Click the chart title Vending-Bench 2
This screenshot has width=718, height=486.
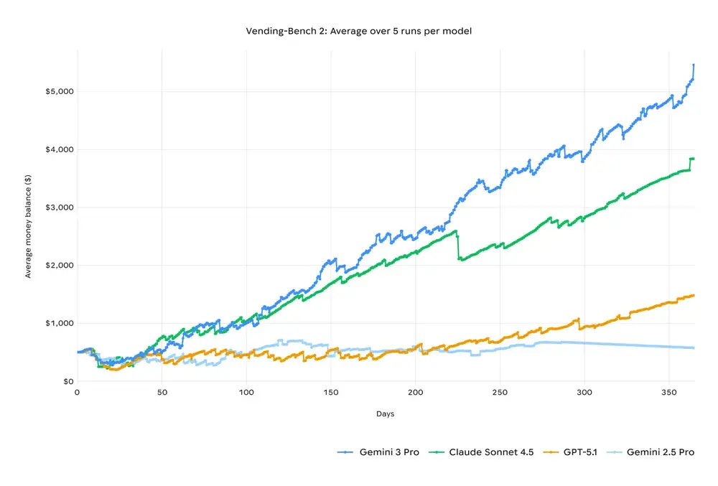(x=359, y=32)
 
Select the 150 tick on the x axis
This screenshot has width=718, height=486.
(x=331, y=393)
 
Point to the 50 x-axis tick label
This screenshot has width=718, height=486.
(x=162, y=393)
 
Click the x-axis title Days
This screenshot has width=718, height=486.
(x=385, y=414)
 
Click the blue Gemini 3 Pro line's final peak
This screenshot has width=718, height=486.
(x=694, y=65)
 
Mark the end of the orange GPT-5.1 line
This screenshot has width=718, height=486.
(x=694, y=295)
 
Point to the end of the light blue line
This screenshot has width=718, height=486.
(x=694, y=348)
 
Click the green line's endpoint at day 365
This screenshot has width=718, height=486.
(x=694, y=158)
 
